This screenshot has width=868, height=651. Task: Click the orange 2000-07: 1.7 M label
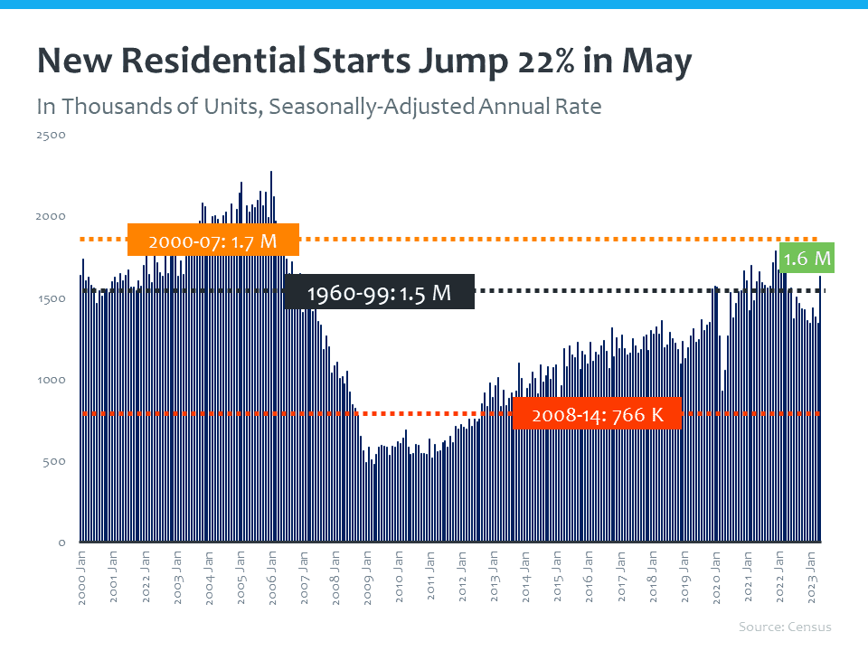click(213, 241)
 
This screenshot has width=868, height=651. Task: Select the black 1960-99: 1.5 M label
click(379, 294)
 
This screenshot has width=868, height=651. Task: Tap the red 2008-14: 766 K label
click(597, 415)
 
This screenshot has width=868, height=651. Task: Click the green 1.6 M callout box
click(807, 259)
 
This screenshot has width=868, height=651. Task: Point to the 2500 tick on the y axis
click(51, 135)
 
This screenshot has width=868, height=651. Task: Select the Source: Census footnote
click(785, 627)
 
